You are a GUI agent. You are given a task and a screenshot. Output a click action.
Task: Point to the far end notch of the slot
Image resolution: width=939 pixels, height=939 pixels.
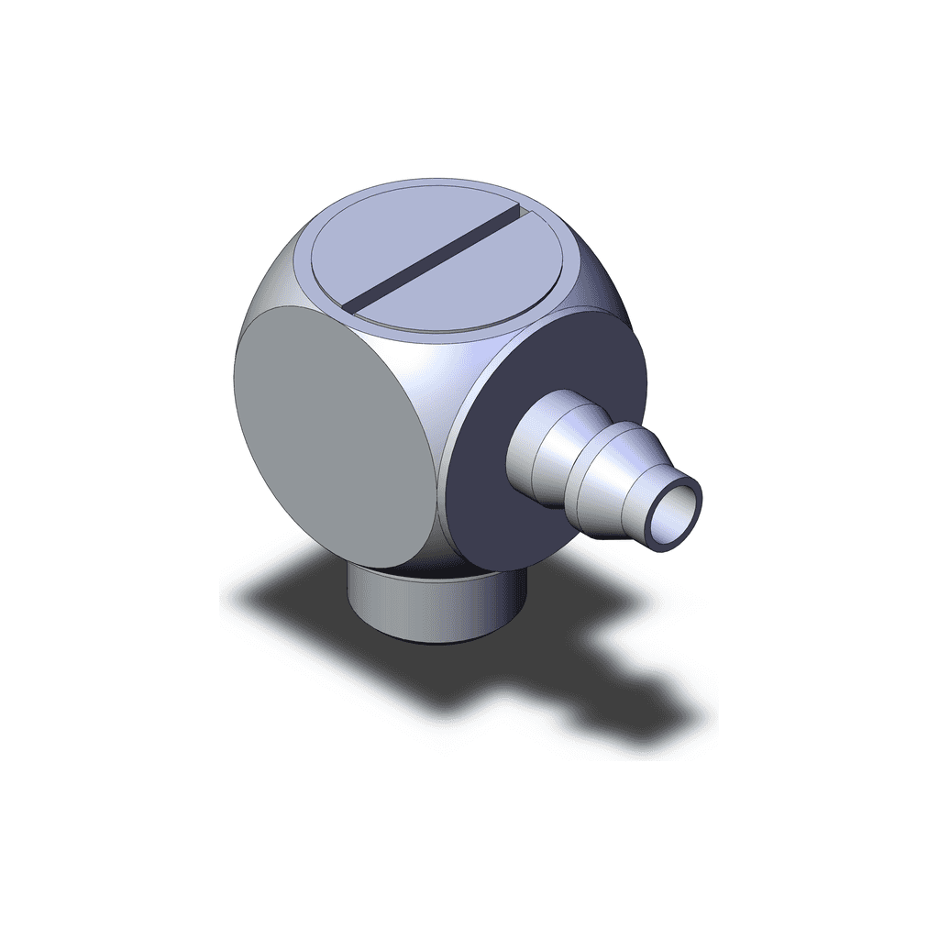[x=524, y=212]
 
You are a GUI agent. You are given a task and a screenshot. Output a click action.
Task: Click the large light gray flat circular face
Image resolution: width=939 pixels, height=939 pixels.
[x=330, y=431]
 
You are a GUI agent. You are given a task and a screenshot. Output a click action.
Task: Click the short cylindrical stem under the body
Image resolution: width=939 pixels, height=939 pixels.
[x=431, y=610]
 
